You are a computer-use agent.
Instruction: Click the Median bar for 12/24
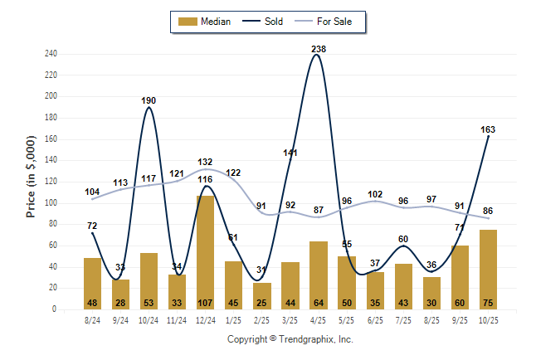click(205, 249)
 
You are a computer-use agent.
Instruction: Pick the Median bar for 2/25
click(262, 294)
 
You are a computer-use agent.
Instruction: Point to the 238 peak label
click(319, 49)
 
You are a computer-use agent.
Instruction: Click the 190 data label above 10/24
click(149, 100)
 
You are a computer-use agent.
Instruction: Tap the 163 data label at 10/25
click(488, 129)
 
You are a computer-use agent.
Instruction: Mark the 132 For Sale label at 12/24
click(205, 162)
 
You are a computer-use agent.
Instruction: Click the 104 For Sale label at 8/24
click(92, 192)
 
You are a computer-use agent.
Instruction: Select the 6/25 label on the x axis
click(375, 319)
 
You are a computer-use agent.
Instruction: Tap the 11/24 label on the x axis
click(177, 319)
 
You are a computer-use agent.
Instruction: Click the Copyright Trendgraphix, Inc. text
click(290, 339)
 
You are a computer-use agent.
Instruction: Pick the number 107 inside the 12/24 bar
click(205, 303)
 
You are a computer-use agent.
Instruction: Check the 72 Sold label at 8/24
click(92, 226)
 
